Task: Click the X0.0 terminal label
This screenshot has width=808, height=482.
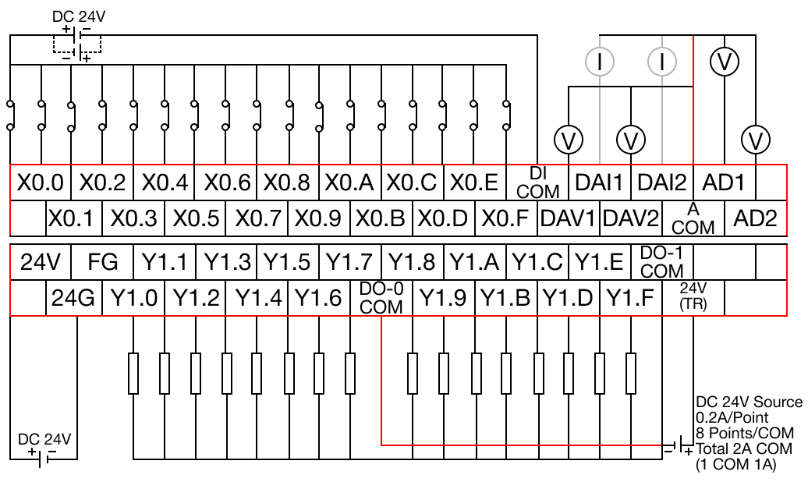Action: (x=41, y=183)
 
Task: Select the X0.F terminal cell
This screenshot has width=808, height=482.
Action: (x=507, y=217)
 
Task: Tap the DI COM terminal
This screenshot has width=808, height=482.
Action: (x=537, y=183)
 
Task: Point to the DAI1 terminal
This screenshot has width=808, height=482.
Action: (x=599, y=183)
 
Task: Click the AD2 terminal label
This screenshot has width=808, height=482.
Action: (x=756, y=217)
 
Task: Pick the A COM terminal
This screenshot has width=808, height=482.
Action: (x=693, y=217)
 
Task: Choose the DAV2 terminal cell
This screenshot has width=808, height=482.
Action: (x=631, y=217)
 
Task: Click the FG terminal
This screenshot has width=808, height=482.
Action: (x=102, y=262)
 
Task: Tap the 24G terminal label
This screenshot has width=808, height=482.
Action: (x=73, y=297)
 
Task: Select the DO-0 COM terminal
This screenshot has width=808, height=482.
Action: (x=381, y=297)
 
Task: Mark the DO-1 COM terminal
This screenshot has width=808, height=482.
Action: (x=661, y=262)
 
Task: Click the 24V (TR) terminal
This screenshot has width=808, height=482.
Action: (x=693, y=297)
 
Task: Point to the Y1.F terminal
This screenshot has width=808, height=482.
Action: (x=630, y=297)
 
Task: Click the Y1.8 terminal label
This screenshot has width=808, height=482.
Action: (x=413, y=262)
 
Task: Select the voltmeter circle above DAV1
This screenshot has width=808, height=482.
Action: (x=569, y=140)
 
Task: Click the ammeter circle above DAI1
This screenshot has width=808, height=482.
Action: (x=600, y=62)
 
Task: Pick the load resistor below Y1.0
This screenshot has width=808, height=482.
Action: (x=133, y=372)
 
